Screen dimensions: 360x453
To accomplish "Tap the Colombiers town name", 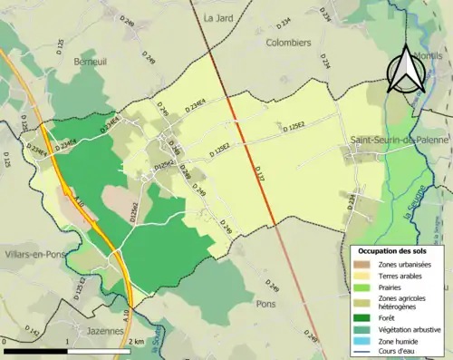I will click(x=288, y=42).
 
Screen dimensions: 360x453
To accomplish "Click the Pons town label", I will click(x=265, y=304).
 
